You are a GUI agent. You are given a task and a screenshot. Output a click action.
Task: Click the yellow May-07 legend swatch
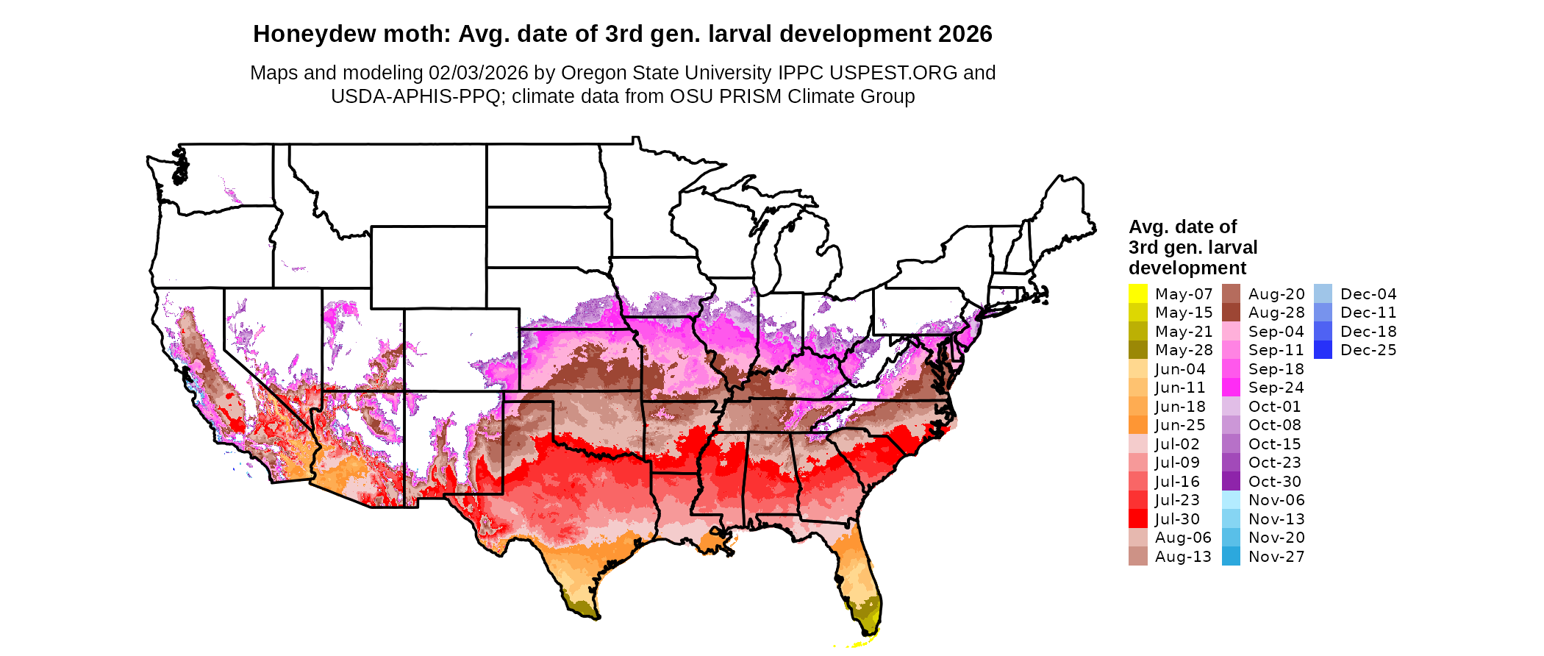1137,293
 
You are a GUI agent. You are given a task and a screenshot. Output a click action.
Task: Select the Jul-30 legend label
1177,519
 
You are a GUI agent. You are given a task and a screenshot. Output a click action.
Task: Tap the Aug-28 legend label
1276,313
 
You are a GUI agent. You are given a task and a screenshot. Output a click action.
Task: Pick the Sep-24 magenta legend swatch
1231,388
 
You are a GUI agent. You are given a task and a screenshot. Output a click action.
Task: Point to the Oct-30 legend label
1274,482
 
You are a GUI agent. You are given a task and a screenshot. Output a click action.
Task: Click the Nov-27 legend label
1276,557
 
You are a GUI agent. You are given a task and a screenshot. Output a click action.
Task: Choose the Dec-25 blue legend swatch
1323,350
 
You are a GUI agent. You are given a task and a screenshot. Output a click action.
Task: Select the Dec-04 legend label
1368,294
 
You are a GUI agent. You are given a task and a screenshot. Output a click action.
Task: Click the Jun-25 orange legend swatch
1137,425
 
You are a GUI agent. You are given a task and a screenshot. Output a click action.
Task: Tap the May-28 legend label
1183,350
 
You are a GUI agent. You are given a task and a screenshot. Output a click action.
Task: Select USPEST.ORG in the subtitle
893,73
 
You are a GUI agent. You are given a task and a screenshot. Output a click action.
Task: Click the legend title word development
1187,268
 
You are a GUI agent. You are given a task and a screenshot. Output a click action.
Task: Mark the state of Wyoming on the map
428,266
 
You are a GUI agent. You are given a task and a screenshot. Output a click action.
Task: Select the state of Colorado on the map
461,349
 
